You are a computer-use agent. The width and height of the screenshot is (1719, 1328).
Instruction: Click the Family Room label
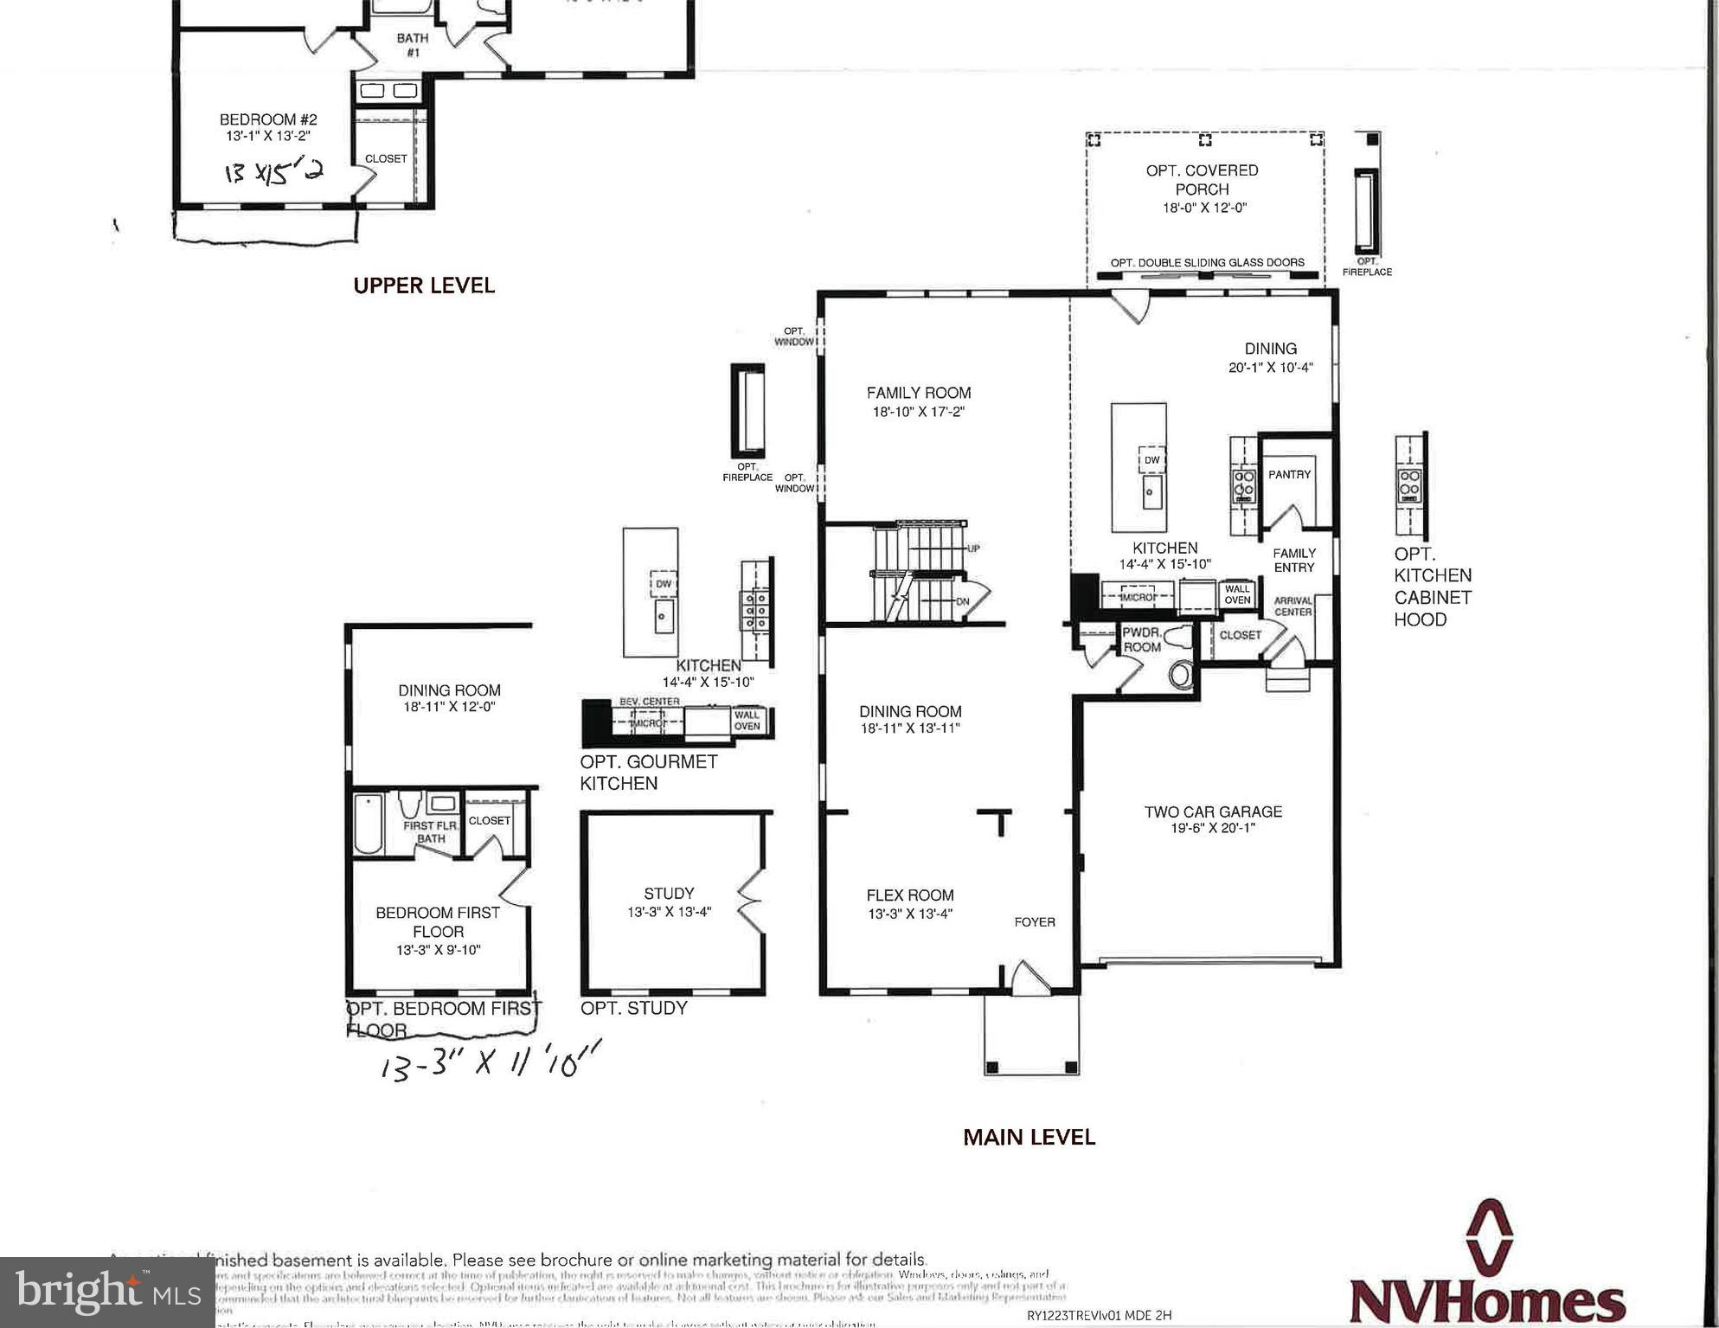click(918, 393)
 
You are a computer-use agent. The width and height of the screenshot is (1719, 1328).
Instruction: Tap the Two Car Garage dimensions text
click(1213, 829)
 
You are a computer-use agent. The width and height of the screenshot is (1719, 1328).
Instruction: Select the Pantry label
click(1289, 474)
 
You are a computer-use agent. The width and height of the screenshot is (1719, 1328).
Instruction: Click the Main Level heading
click(1029, 1137)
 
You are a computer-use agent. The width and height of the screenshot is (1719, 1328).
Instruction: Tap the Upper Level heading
click(424, 285)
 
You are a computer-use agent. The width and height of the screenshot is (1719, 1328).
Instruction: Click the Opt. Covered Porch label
click(1202, 180)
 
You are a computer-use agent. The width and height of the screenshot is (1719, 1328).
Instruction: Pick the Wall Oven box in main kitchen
click(1237, 594)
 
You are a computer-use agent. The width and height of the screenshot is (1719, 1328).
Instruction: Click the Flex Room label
click(910, 895)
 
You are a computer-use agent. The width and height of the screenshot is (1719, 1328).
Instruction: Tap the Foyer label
click(1035, 922)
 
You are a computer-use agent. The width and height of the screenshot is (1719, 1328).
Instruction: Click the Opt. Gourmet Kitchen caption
click(648, 772)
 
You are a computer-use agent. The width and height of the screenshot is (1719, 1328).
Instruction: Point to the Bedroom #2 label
click(268, 119)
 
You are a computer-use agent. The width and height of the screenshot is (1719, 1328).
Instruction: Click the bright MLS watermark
click(106, 1293)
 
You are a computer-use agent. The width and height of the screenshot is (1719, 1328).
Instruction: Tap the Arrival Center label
click(1292, 606)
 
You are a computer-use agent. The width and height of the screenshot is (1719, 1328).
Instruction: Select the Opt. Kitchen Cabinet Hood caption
click(1432, 587)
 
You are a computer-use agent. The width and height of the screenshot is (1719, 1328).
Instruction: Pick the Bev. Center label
click(649, 702)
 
